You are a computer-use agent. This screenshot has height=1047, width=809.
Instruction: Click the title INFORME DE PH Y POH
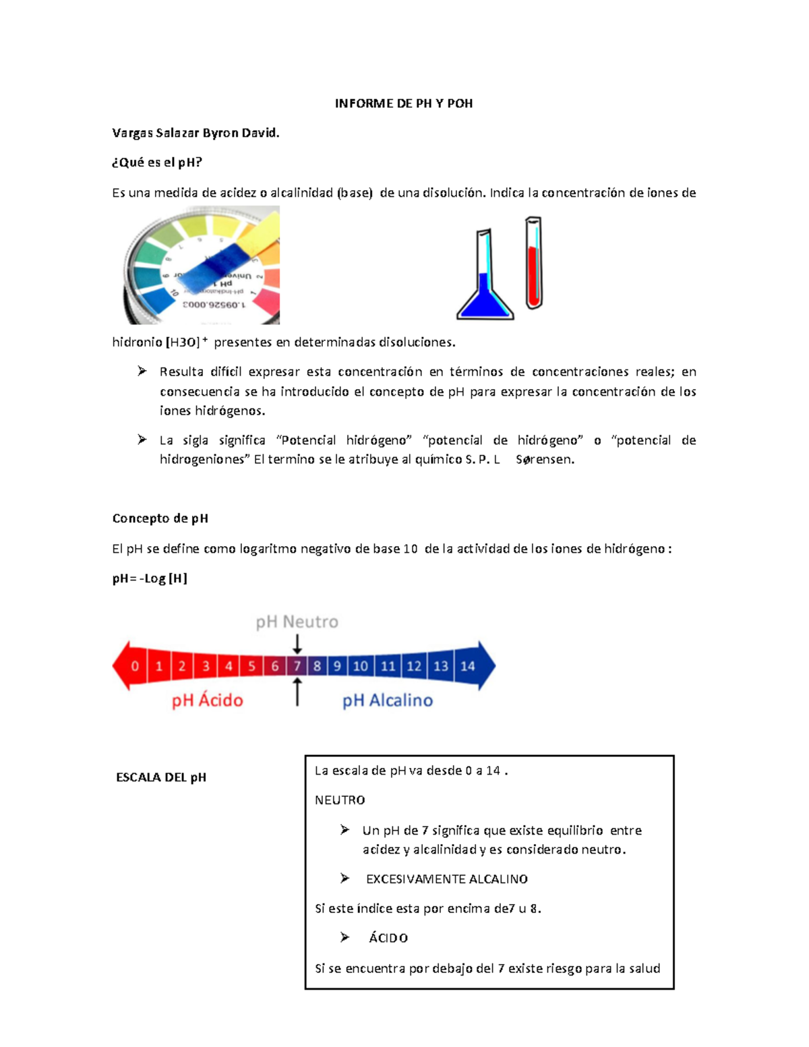[404, 103]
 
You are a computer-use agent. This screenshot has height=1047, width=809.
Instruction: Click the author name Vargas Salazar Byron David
[196, 133]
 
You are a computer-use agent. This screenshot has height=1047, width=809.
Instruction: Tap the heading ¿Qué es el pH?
[157, 162]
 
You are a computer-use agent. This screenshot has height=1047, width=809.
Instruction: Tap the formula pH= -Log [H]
[150, 578]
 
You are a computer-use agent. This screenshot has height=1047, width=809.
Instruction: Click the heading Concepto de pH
[160, 518]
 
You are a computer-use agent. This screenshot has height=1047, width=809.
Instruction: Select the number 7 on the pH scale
[297, 666]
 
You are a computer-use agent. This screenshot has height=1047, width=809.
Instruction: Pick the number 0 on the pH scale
[135, 666]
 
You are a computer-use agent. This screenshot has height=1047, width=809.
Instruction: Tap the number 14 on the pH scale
[467, 666]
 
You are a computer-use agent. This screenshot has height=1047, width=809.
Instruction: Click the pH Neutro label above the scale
[297, 622]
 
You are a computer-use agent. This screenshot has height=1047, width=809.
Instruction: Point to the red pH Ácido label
[207, 700]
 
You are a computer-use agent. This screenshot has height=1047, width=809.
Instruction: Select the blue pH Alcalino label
[388, 700]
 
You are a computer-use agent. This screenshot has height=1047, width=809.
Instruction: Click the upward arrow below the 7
[297, 692]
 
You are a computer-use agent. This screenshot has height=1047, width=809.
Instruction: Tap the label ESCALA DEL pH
[161, 777]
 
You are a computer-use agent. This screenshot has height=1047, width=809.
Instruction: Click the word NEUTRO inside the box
[340, 800]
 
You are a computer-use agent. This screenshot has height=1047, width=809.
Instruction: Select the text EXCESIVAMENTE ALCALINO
[446, 879]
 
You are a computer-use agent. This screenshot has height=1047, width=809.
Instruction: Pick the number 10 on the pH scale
[361, 666]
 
